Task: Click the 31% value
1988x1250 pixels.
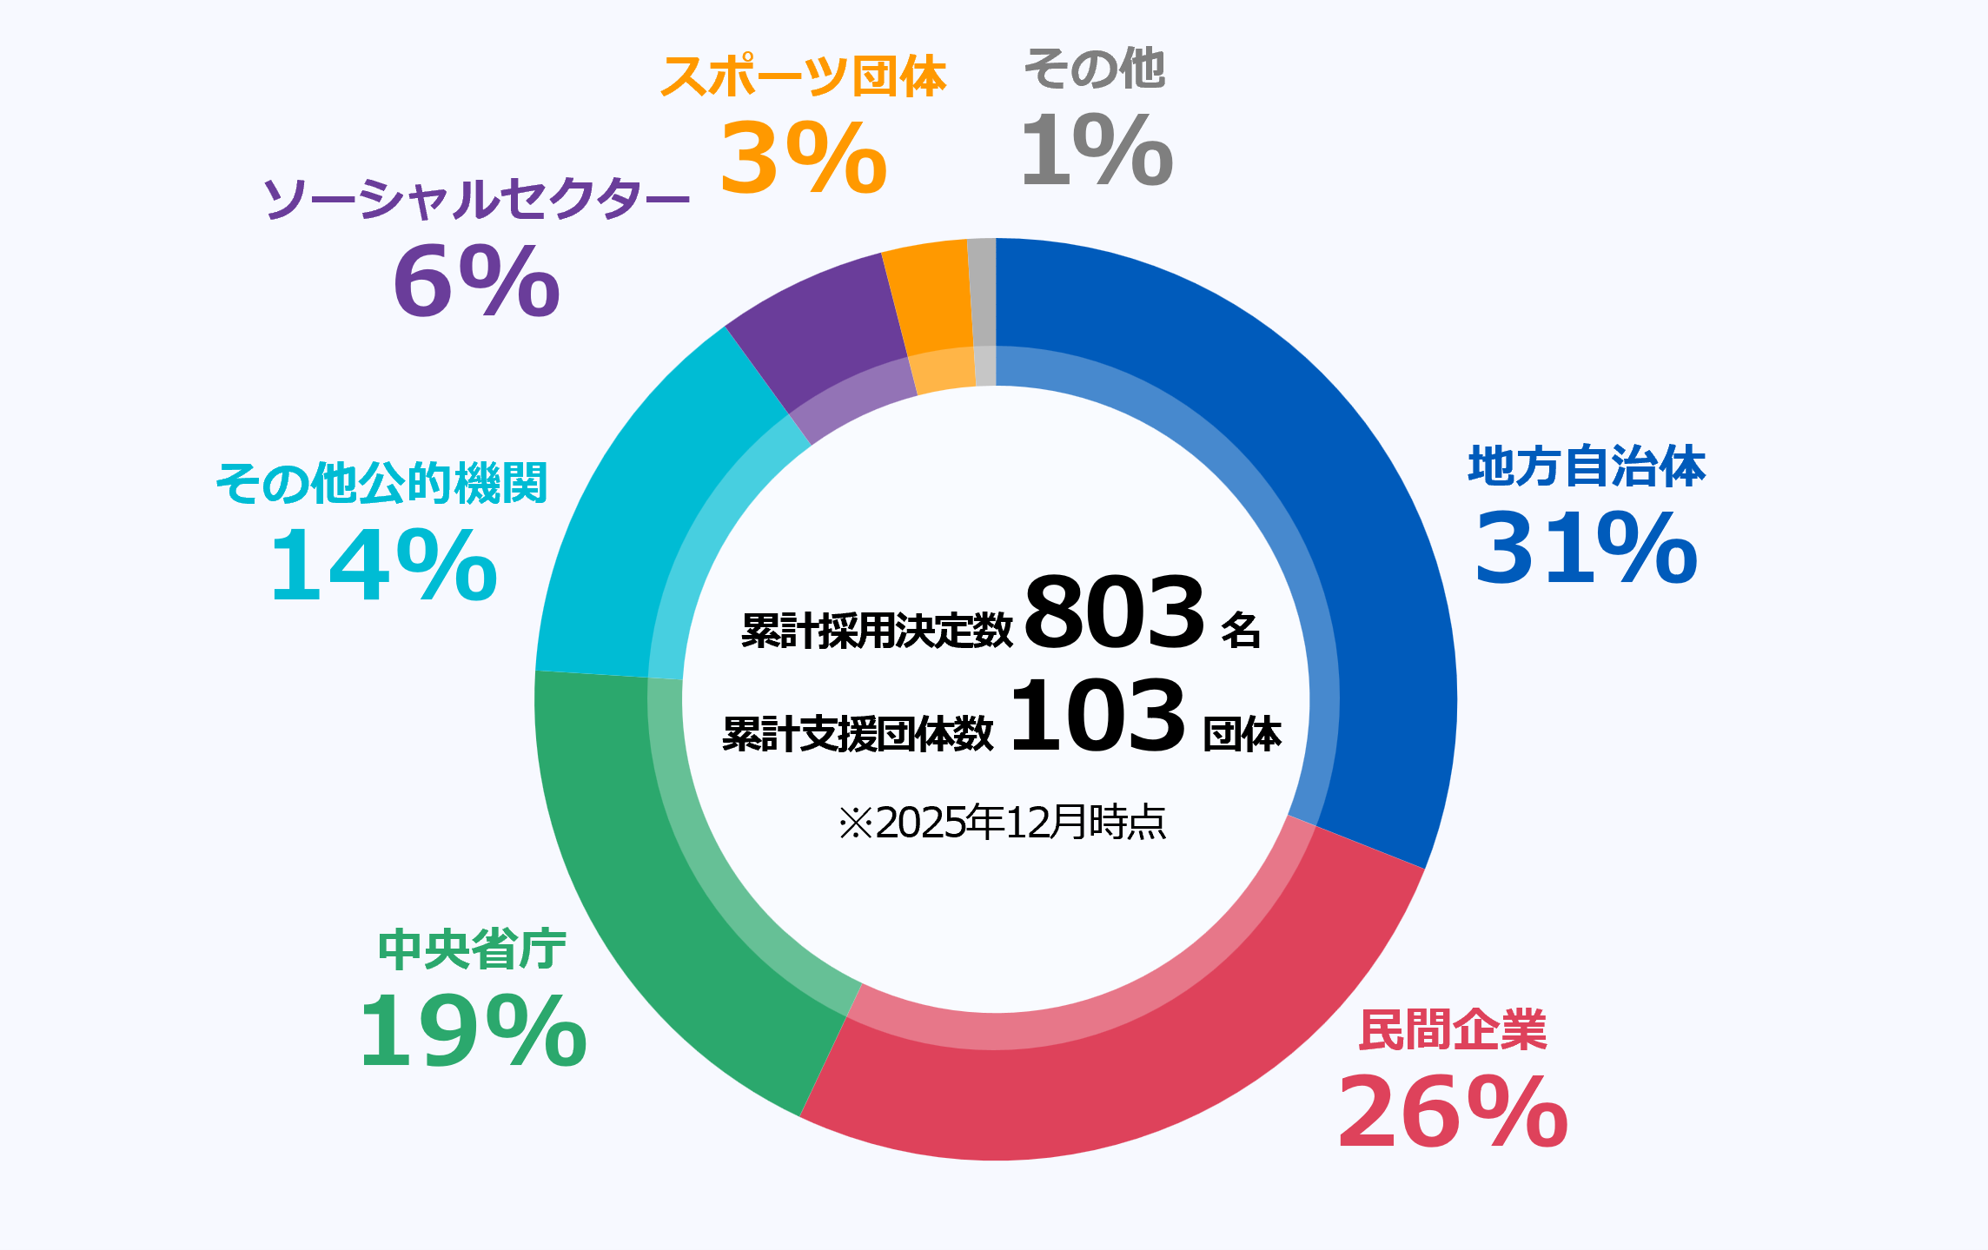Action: tap(1586, 549)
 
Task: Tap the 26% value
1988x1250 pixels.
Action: tap(1453, 1113)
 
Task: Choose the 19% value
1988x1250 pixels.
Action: tap(473, 1032)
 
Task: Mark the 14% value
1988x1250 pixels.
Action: tap(383, 567)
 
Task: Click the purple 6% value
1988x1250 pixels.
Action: tap(476, 281)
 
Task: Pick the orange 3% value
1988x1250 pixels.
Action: tap(803, 159)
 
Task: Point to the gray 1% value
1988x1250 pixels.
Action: tap(1097, 150)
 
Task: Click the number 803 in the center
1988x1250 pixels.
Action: tap(1115, 612)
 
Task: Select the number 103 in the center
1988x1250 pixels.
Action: tap(1097, 717)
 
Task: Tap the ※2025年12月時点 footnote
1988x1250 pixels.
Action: tap(1002, 823)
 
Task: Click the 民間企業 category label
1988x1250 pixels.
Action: tap(1453, 1030)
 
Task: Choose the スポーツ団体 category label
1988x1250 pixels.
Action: tap(803, 76)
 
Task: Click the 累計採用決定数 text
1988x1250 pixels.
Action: tap(877, 630)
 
